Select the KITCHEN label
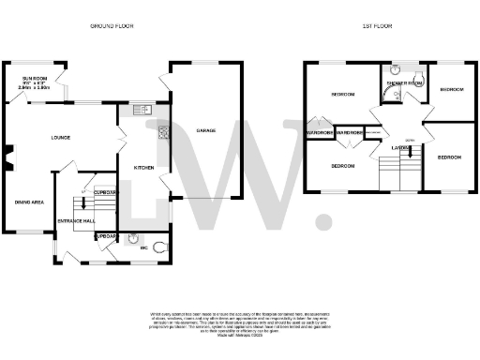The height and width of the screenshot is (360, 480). coord(143,168)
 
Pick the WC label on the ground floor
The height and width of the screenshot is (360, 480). coord(145,249)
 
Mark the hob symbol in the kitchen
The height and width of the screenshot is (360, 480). coord(162,131)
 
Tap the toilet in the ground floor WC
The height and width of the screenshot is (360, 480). coord(162,246)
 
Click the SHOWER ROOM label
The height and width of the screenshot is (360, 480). coord(403,83)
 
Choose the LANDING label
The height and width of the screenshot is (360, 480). coord(392,147)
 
